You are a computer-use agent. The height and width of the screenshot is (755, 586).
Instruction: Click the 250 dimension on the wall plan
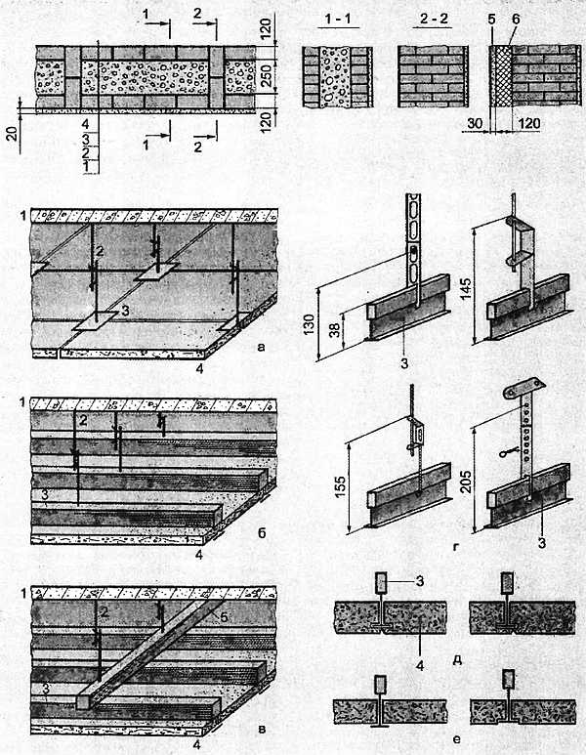[x=266, y=76]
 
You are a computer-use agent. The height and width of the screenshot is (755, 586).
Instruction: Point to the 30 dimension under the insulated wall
[x=476, y=123]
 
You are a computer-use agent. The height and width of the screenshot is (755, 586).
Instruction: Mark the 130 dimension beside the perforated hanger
[x=309, y=324]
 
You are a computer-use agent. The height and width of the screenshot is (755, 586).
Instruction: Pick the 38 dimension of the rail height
[x=336, y=329]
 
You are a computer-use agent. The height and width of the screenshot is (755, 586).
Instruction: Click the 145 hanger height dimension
[x=466, y=288]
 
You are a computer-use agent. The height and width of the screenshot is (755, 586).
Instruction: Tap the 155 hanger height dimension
[x=341, y=487]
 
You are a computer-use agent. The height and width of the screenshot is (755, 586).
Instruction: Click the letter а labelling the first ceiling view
[x=262, y=347]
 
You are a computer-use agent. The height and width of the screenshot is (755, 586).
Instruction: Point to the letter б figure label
[x=262, y=532]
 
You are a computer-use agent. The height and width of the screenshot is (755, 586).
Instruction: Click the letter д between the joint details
[x=457, y=659]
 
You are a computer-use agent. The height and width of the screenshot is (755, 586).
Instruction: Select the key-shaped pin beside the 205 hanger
[x=508, y=452]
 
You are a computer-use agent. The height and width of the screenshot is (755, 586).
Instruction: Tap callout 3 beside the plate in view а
[x=125, y=311]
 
